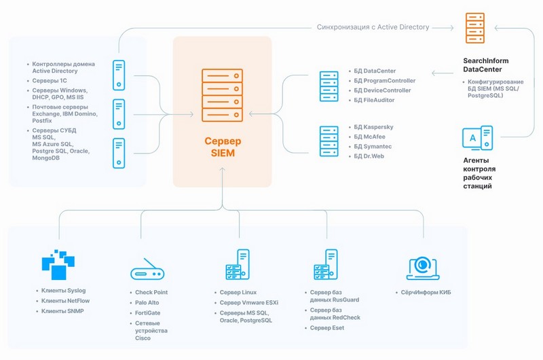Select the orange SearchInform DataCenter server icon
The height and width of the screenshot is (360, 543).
474,28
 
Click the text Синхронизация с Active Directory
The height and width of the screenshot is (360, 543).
373,27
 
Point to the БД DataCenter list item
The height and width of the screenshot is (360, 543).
375,71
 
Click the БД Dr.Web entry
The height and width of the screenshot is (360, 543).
371,156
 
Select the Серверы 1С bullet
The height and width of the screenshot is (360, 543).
48,81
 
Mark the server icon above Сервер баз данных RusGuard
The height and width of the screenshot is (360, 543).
325,265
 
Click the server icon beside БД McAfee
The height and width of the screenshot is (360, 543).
329,141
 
